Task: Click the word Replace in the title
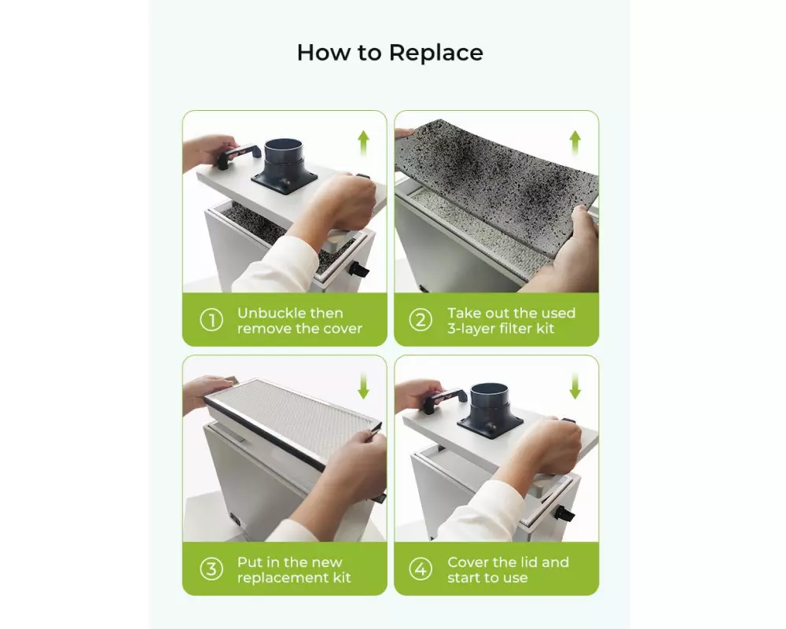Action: (435, 53)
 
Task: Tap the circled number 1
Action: (211, 320)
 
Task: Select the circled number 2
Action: (421, 320)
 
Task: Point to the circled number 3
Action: (211, 569)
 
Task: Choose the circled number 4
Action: (421, 569)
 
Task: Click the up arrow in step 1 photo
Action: (363, 143)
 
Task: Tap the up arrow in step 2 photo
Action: (575, 143)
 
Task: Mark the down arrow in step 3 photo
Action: (363, 386)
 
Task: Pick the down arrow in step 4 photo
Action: (575, 386)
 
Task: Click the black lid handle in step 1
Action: (238, 155)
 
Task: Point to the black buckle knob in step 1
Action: (361, 270)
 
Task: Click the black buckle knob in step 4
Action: (565, 513)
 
